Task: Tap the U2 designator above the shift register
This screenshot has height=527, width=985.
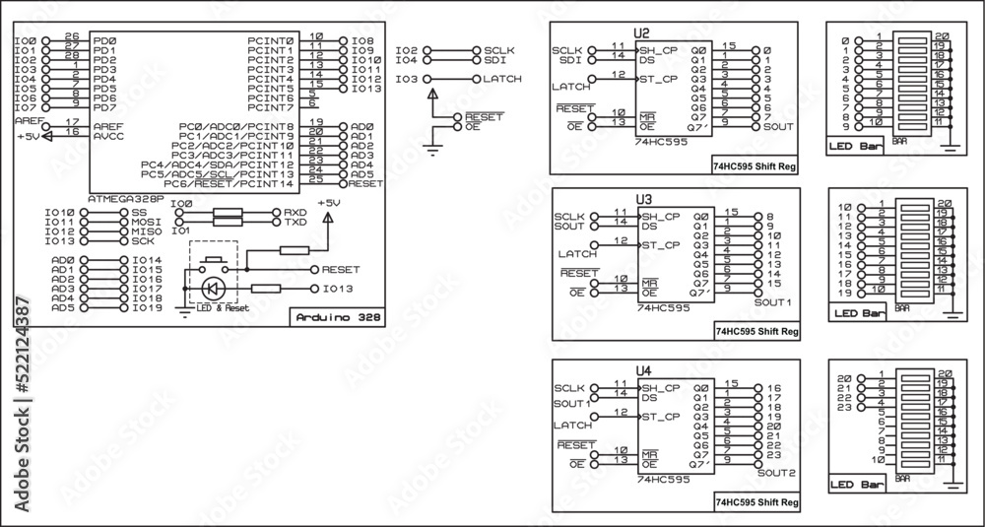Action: tap(643, 33)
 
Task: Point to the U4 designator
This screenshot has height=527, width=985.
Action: tap(643, 370)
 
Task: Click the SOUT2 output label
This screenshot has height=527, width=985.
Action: tap(776, 472)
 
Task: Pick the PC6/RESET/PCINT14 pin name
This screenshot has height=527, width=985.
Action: tap(229, 184)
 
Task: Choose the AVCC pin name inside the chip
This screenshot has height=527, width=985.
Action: tap(108, 137)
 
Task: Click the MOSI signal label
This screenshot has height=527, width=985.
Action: tap(148, 222)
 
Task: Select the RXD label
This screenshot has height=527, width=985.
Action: tap(295, 213)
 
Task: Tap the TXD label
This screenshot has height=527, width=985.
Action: tap(295, 223)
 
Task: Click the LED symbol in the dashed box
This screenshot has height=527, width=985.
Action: tap(213, 289)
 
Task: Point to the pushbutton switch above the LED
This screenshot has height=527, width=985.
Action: tap(213, 264)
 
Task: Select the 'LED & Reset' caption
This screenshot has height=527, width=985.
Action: tap(223, 308)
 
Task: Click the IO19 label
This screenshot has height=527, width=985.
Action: tap(147, 307)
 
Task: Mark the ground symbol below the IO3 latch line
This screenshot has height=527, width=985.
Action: tap(431, 150)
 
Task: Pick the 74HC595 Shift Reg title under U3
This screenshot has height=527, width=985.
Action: tap(755, 331)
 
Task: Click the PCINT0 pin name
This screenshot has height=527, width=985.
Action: tap(272, 40)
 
